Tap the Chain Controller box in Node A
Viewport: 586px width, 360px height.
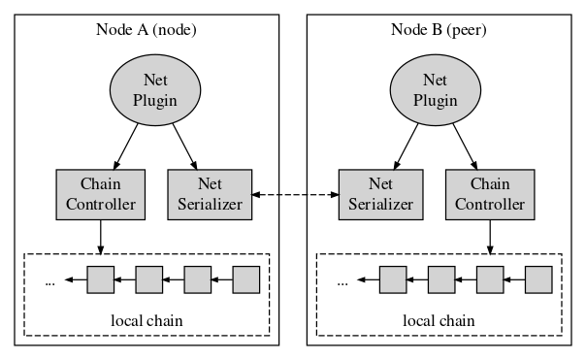[x=101, y=193]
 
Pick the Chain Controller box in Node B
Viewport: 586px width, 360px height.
[x=489, y=193]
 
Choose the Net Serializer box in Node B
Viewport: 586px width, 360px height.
[x=376, y=193]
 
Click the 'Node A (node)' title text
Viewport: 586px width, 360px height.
[x=146, y=28]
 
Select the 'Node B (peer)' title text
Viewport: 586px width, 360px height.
[x=439, y=28]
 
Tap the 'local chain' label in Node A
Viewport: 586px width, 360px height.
[x=146, y=318]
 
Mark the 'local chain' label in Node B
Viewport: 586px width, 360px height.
[x=439, y=318]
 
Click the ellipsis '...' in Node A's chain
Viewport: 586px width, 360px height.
[x=49, y=281]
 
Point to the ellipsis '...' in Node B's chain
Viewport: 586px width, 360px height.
[x=342, y=281]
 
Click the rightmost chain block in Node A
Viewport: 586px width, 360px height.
[x=246, y=279]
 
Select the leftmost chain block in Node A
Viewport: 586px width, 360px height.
[x=101, y=279]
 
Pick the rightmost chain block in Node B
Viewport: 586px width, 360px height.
[x=538, y=279]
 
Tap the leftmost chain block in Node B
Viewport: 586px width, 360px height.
[x=393, y=279]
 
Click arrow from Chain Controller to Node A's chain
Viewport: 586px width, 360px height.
[x=101, y=235]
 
